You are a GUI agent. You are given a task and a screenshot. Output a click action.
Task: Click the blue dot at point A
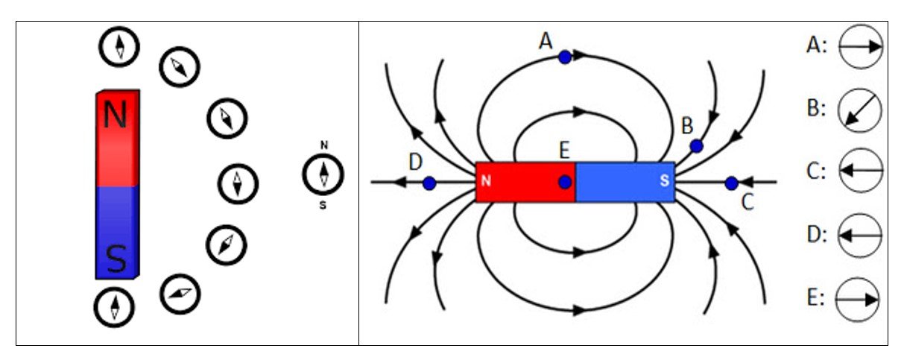click(x=565, y=57)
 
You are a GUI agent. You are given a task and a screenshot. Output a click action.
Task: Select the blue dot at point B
click(x=696, y=146)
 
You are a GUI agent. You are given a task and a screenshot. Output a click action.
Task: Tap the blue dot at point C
click(x=731, y=183)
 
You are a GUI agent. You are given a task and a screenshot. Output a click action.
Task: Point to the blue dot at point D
click(x=429, y=183)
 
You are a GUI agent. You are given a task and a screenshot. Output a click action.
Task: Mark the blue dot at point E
click(x=565, y=182)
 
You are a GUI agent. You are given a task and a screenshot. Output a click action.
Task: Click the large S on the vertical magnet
click(x=116, y=259)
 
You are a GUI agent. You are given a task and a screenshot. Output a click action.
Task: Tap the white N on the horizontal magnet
click(x=486, y=181)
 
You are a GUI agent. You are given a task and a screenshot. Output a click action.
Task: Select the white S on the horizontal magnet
click(x=664, y=181)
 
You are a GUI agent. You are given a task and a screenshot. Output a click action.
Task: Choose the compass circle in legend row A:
click(x=860, y=46)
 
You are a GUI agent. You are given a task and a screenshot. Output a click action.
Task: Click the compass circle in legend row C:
click(x=860, y=171)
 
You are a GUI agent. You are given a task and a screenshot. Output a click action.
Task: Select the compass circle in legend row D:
click(x=860, y=235)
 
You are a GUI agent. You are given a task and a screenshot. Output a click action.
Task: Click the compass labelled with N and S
click(x=323, y=174)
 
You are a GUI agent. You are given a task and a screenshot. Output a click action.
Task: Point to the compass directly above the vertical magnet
click(x=119, y=46)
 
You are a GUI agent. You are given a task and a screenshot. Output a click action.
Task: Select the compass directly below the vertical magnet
click(x=115, y=306)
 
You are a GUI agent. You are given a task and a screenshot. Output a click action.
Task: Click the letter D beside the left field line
click(x=415, y=160)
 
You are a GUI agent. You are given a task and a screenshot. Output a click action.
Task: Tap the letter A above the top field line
click(x=546, y=40)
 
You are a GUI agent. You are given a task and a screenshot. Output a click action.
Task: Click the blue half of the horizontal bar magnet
click(x=625, y=182)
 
